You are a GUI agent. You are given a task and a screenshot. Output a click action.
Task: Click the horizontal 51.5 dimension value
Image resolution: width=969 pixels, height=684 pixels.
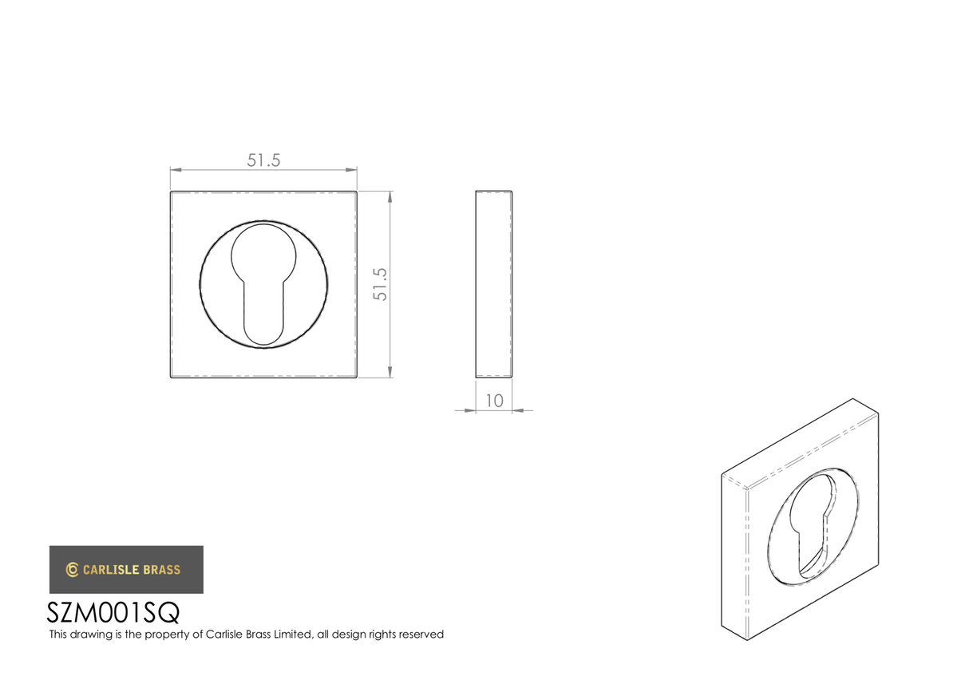[263, 160]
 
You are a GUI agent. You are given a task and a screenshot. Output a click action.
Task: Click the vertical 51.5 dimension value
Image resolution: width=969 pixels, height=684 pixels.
[381, 283]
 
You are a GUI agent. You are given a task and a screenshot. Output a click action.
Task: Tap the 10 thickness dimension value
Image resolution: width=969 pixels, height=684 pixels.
[494, 401]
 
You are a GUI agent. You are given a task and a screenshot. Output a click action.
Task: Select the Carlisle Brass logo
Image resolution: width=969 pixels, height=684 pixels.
[126, 569]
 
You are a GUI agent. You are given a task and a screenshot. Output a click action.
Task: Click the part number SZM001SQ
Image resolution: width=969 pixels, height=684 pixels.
[113, 613]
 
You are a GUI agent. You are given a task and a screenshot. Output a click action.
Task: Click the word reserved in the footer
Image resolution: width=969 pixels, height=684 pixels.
[418, 635]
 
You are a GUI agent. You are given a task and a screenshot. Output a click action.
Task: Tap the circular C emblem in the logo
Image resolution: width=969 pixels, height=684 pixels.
[72, 569]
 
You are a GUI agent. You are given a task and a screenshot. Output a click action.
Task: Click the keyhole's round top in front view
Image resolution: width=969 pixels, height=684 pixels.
[263, 251]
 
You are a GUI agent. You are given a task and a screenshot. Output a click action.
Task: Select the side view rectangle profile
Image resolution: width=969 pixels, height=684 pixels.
[493, 284]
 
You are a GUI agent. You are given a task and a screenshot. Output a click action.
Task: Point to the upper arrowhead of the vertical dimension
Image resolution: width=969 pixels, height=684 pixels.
[390, 196]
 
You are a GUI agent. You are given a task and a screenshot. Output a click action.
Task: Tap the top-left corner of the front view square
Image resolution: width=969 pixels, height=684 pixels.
[171, 192]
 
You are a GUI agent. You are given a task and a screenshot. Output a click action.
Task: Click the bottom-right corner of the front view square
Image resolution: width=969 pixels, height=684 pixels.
[356, 377]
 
